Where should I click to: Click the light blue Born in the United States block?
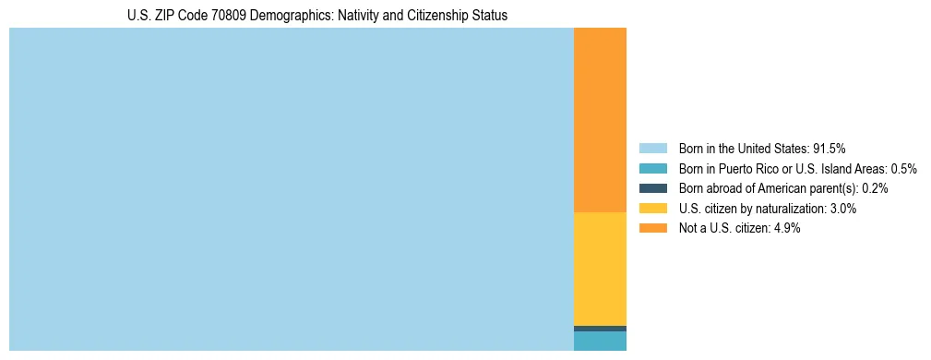coord(291,189)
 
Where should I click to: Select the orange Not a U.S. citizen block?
coord(600,120)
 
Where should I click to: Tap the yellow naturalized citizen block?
coord(600,269)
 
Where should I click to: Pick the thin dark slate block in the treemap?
coord(600,329)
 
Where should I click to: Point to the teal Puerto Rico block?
coord(600,342)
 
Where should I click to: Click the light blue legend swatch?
coord(652,149)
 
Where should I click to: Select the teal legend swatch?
coord(652,169)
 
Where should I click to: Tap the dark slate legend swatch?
coord(652,188)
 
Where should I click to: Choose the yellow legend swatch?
coord(652,209)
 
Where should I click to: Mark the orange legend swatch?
coord(652,229)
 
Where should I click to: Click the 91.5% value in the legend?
coord(830,149)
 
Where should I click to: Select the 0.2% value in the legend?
coord(875,188)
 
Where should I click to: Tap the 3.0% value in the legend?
coord(842,209)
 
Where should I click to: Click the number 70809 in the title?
coord(228,16)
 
